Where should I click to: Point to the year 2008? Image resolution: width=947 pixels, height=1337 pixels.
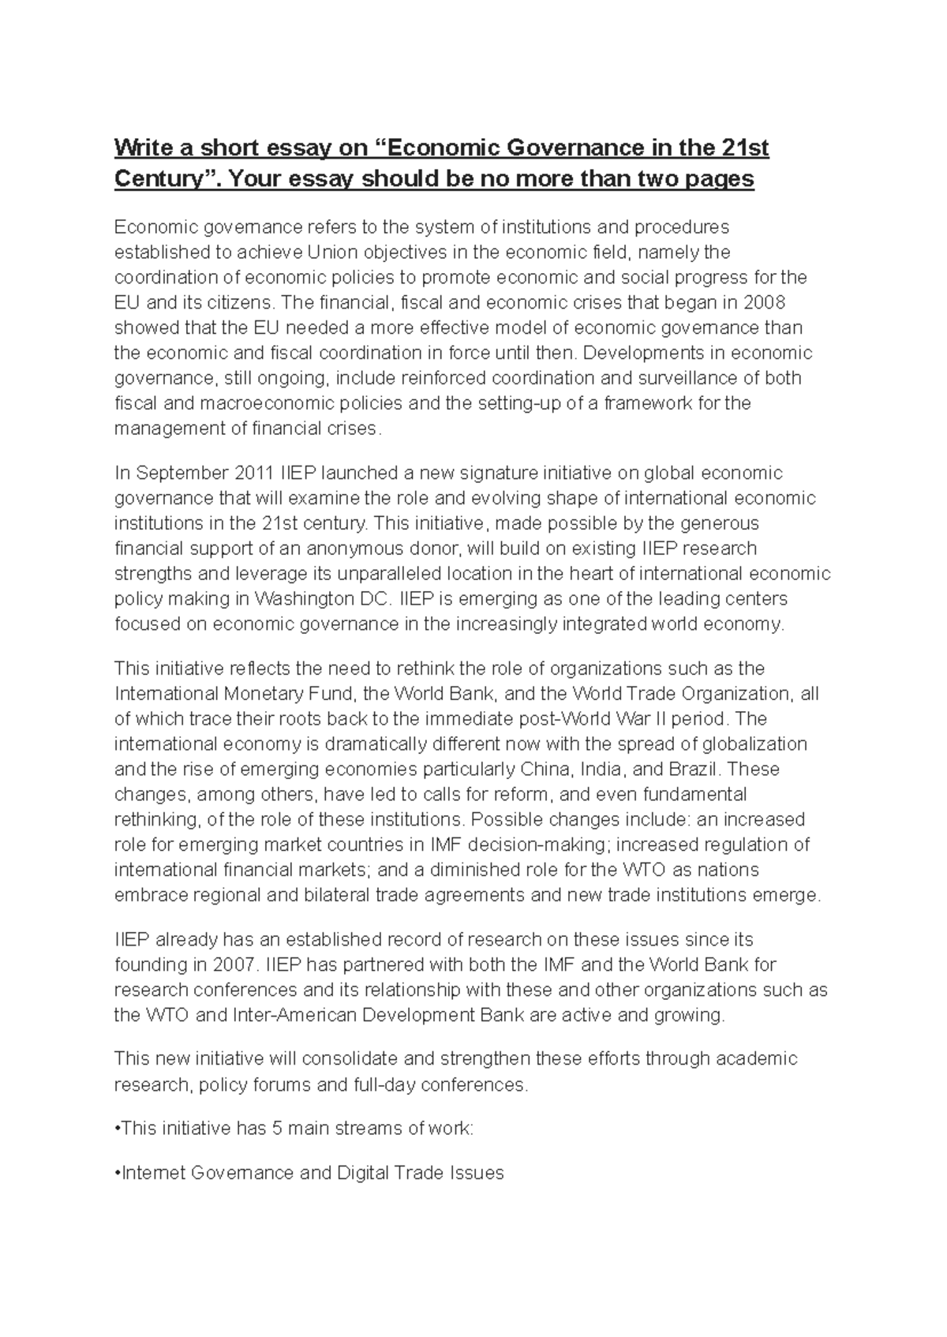pos(765,303)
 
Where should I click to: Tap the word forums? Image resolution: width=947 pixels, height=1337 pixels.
pos(280,1084)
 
